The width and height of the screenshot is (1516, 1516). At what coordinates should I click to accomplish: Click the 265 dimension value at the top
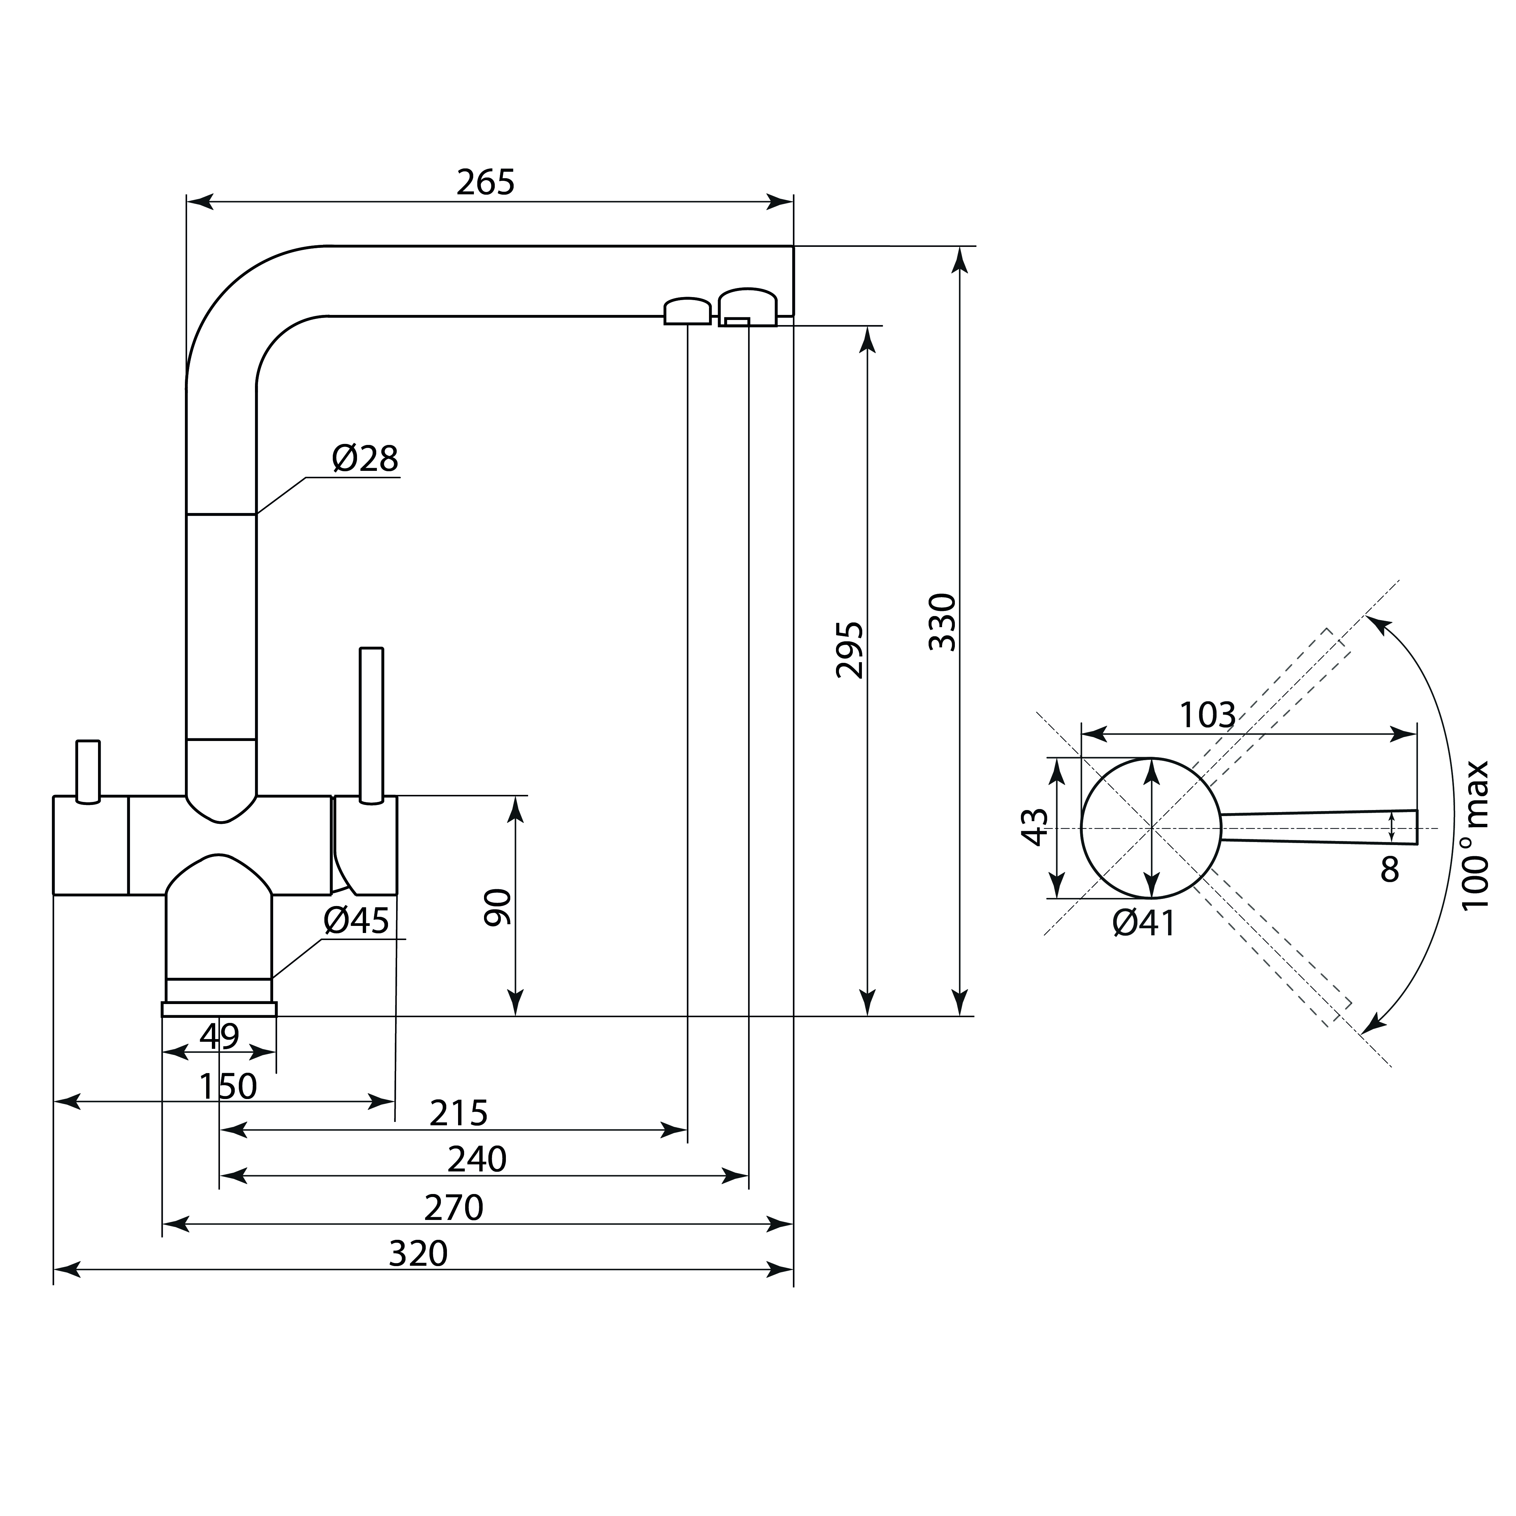[x=486, y=183]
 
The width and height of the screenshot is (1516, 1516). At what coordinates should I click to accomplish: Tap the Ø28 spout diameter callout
[x=365, y=459]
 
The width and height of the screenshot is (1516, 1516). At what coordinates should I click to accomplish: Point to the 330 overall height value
[x=942, y=622]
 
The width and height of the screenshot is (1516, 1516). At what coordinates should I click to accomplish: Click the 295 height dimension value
[x=850, y=650]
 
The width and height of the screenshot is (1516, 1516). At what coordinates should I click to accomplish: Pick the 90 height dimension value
[x=497, y=908]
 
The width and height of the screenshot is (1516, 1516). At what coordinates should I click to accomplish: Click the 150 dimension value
[x=228, y=1087]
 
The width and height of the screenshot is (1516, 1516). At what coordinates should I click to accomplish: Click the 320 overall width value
[x=418, y=1254]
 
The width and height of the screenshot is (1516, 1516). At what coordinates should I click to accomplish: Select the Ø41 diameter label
[x=1144, y=924]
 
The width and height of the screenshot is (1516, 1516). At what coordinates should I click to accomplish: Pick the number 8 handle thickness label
[x=1390, y=869]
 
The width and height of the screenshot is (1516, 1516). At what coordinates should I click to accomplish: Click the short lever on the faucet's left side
[x=88, y=771]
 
